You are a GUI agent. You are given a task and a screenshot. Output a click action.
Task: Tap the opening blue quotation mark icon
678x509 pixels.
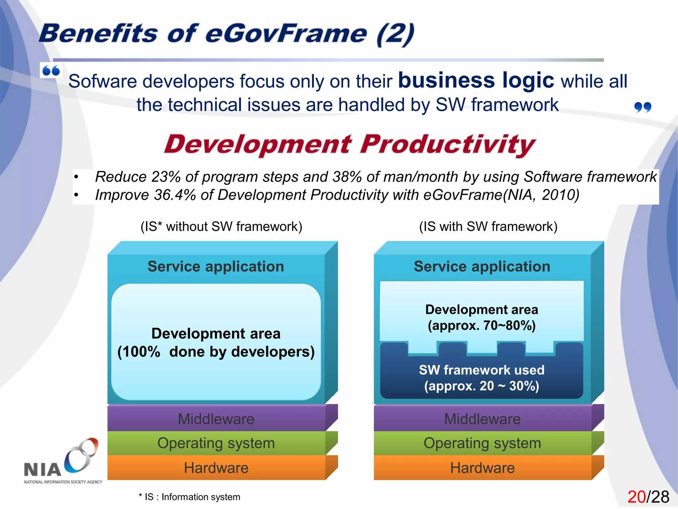[51, 70]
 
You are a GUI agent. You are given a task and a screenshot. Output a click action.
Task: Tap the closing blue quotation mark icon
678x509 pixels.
[642, 107]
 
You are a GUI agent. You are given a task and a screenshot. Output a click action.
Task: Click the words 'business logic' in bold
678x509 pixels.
[476, 81]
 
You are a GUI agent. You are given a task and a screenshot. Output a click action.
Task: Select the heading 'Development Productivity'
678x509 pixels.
[350, 144]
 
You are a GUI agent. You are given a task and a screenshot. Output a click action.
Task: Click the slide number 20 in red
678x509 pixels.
[636, 497]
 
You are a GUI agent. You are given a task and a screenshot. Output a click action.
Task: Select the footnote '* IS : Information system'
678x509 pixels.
[189, 497]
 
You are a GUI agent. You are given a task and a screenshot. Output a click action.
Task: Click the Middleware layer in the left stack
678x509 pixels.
[216, 419]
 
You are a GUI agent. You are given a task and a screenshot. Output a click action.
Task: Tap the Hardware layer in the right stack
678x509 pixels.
[482, 468]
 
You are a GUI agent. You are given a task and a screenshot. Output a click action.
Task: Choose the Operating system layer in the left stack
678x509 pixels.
[216, 443]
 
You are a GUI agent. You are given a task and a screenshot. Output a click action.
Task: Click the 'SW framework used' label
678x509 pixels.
[481, 370]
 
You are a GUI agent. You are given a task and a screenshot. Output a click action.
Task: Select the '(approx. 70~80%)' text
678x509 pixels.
[481, 325]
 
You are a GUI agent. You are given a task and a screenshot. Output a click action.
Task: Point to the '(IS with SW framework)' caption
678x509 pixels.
[488, 227]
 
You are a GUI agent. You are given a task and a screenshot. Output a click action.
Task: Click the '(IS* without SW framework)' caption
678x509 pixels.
[221, 227]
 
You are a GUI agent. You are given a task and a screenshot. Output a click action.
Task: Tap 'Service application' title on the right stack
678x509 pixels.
[482, 266]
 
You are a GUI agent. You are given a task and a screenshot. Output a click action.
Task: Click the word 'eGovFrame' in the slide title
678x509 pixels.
[286, 34]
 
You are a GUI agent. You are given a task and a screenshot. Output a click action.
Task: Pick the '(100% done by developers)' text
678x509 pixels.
[216, 352]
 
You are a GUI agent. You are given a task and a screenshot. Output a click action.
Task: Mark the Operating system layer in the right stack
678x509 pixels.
[482, 443]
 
